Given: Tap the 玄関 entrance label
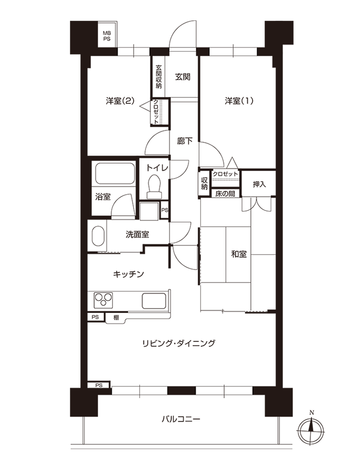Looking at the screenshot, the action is (x=183, y=77).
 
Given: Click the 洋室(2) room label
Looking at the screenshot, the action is (x=120, y=101).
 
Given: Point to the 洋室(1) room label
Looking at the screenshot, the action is (x=239, y=101).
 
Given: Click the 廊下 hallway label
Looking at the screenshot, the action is (x=185, y=141).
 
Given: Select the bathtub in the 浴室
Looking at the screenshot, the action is (x=115, y=173).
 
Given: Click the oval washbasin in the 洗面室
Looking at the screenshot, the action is (x=98, y=236).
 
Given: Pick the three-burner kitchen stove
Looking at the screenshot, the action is (x=104, y=300).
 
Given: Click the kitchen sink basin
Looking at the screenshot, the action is (x=154, y=301).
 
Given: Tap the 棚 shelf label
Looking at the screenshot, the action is (x=116, y=318).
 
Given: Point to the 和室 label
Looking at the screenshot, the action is (x=239, y=254).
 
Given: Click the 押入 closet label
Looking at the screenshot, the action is (x=259, y=184).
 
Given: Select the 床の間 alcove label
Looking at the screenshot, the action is (x=225, y=194).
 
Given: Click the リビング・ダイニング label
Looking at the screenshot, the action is (x=179, y=343).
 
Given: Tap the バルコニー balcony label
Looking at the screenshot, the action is (x=181, y=419).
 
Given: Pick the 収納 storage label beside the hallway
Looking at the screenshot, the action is (x=204, y=183).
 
